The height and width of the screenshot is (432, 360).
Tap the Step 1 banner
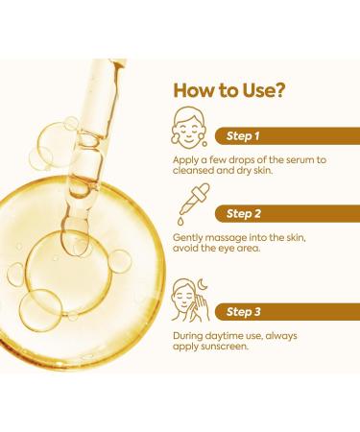coord(283,134)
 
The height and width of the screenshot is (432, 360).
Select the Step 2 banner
coord(283,212)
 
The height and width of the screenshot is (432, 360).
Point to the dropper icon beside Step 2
coord(189,207)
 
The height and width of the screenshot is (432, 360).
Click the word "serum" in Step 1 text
coord(293,156)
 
